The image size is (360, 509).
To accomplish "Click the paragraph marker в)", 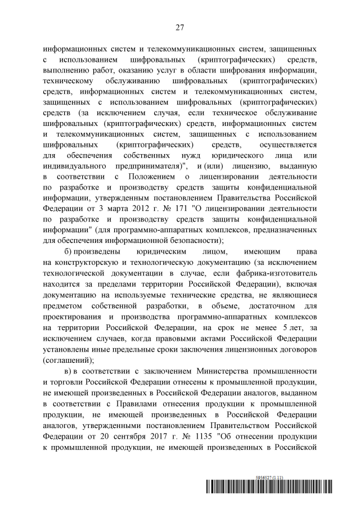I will (69, 372).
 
